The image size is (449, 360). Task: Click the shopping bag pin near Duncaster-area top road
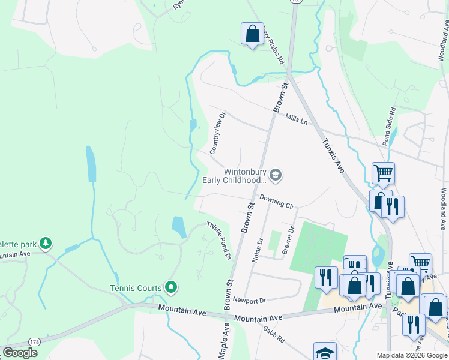point(252,34)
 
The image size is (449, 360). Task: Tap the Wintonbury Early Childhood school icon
point(276,175)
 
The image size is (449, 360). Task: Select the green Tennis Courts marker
point(171,288)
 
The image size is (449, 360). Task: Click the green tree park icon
point(45,244)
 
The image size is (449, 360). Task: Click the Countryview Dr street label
point(217,133)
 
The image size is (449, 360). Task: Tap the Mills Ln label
point(297,120)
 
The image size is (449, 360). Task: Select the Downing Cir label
point(277,201)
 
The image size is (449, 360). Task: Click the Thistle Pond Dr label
point(220,239)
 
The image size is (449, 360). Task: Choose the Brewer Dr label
point(288,241)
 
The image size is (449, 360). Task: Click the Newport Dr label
point(249,299)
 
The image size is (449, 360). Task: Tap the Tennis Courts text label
point(136,288)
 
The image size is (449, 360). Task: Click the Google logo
point(20,353)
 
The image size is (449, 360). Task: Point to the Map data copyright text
point(411,355)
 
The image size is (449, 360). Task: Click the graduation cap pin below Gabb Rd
point(325,352)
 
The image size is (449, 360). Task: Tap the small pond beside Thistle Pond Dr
point(179,227)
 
